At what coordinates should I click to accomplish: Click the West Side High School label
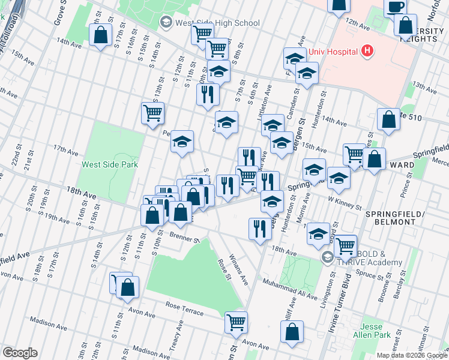(x=216, y=23)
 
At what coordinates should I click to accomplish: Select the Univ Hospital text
(x=333, y=52)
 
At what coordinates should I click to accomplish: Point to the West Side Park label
(x=110, y=164)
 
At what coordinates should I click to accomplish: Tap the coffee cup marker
(x=395, y=8)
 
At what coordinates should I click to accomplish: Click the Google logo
(x=19, y=353)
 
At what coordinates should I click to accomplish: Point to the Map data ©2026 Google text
(x=411, y=355)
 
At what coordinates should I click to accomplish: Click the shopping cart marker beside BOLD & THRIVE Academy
(x=345, y=245)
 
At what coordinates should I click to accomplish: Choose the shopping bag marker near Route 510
(x=389, y=119)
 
